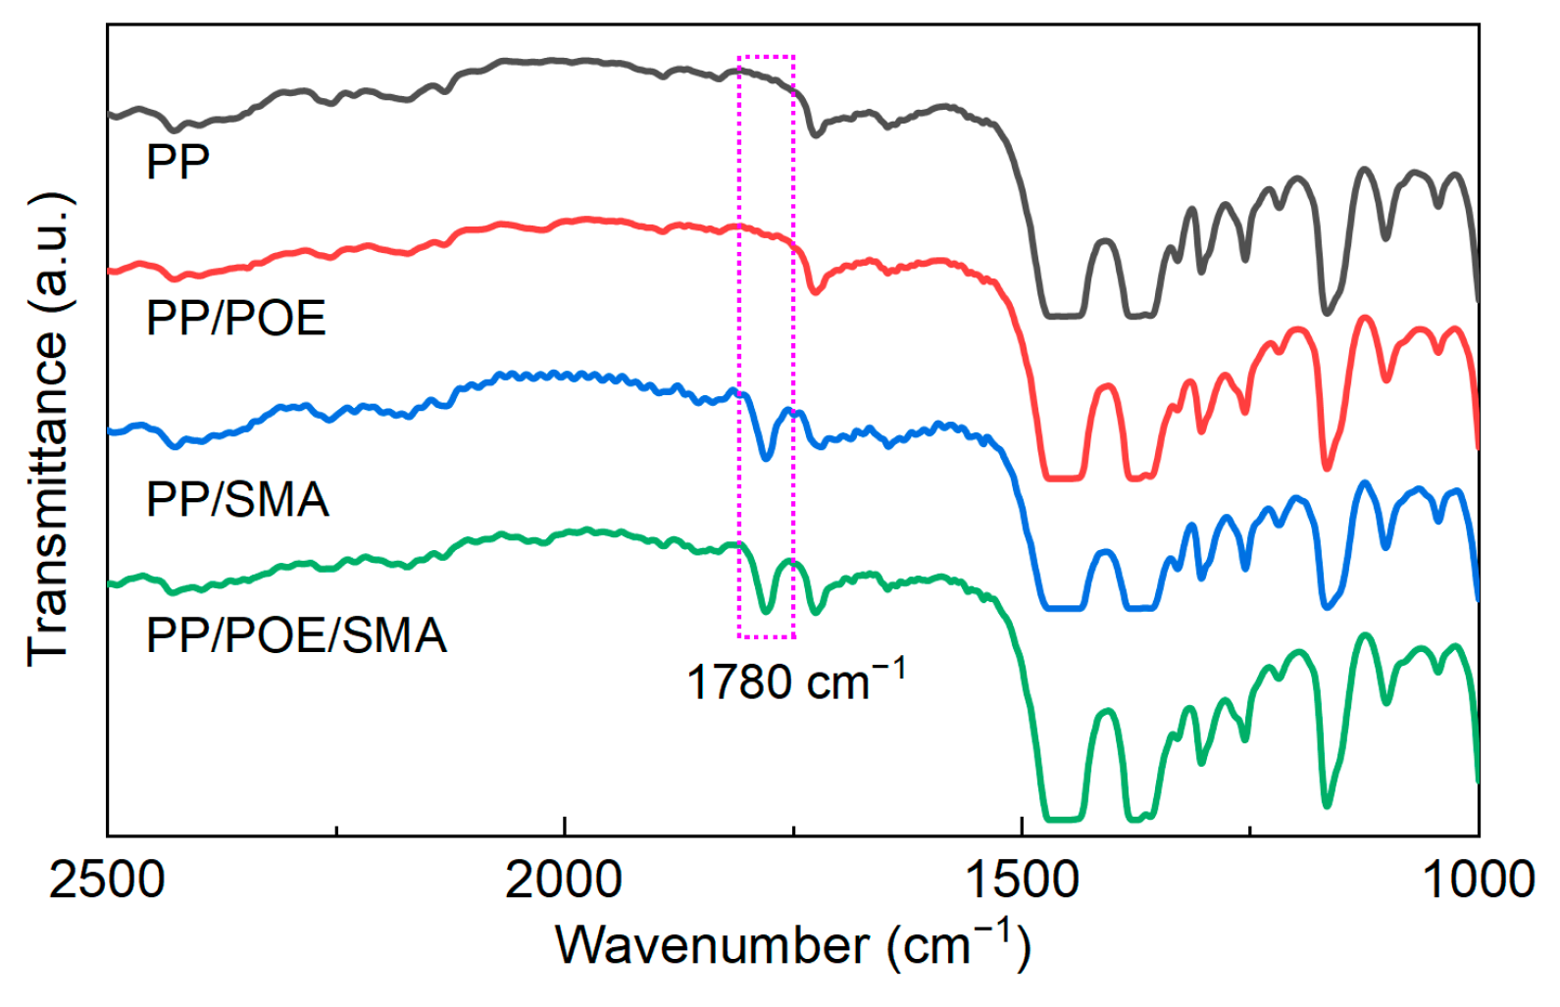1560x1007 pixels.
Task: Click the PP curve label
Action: [177, 162]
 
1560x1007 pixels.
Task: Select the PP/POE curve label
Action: [235, 319]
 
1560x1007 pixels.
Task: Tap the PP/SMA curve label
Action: [237, 500]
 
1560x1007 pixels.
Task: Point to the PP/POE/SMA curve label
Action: [296, 635]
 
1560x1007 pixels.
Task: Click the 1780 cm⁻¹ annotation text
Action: [795, 680]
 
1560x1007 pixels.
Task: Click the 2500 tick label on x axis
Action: [107, 880]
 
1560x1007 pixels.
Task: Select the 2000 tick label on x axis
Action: [564, 880]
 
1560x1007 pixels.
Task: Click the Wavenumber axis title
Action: [792, 945]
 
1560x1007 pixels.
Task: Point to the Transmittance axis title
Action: [49, 429]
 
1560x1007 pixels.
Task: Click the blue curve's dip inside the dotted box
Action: [767, 457]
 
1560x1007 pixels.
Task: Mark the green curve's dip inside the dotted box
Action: [767, 610]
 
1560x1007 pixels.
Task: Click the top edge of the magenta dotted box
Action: [766, 56]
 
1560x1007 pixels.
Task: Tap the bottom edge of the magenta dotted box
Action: [766, 637]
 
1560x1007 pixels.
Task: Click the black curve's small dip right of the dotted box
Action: [814, 133]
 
